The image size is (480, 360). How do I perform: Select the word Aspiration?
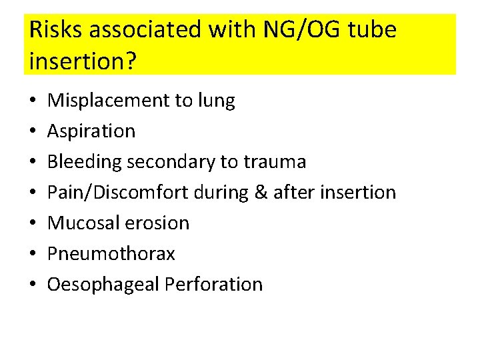coord(91,131)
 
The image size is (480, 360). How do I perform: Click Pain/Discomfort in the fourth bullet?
coord(119,193)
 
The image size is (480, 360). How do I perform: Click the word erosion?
coord(157,223)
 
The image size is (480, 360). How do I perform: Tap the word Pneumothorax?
coord(111,254)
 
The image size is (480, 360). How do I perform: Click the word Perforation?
coord(213,285)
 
